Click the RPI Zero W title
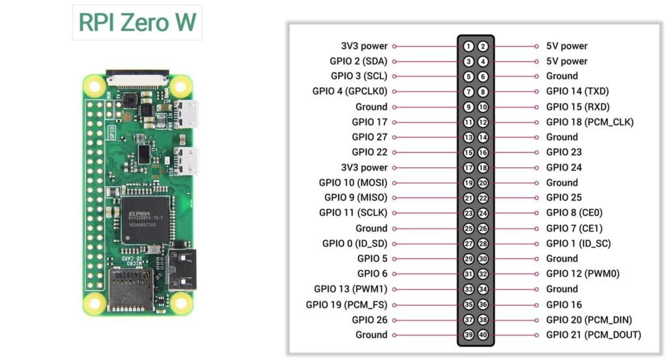137,22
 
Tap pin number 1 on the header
468,46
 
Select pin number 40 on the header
483,335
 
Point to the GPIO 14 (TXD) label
577,92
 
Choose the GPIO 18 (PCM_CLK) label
589,122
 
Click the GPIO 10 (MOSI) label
353,183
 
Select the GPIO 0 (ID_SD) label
354,243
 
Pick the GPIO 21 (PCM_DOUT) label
593,335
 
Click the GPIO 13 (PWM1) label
350,289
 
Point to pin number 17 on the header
468,168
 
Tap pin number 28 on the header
483,243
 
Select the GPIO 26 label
369,320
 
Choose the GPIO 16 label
564,305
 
